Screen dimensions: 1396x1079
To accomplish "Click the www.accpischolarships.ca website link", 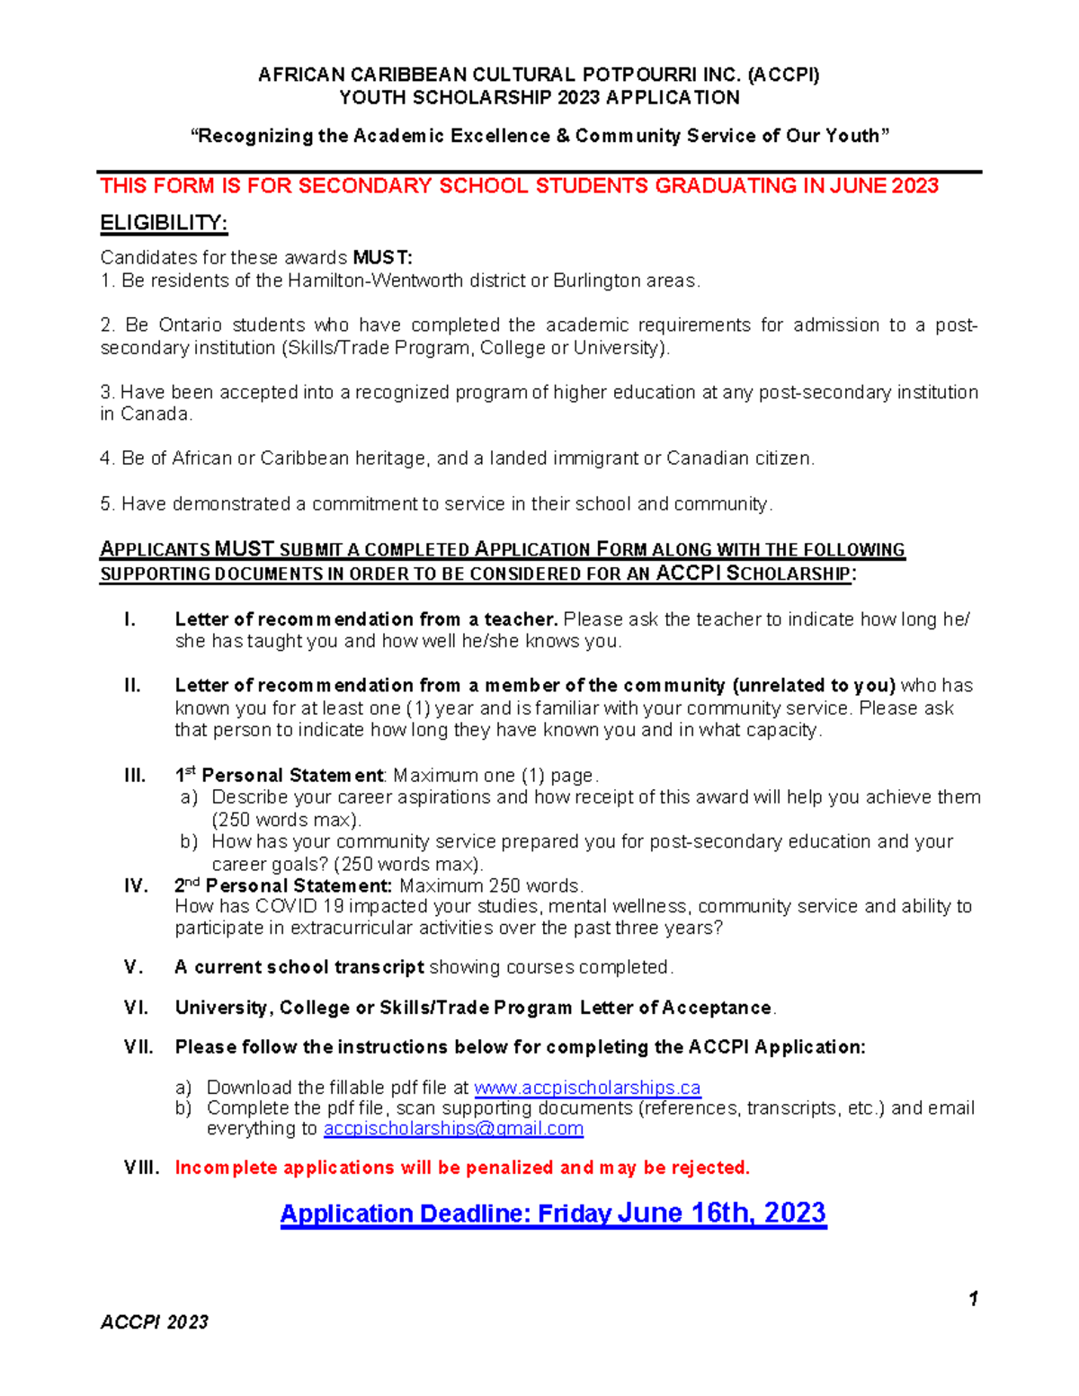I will tap(587, 1088).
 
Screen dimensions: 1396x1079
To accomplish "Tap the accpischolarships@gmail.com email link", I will tap(453, 1128).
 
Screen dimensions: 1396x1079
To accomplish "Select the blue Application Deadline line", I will tap(553, 1214).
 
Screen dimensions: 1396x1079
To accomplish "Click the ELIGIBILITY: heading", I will tap(164, 223).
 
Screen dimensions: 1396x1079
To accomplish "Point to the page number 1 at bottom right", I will tap(973, 1298).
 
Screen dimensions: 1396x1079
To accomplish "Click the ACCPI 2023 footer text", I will tap(155, 1321).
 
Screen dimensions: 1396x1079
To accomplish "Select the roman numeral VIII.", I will tap(141, 1168).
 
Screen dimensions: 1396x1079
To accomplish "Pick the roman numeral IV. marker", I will tap(136, 886).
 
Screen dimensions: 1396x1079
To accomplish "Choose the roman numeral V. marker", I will tap(133, 967).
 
